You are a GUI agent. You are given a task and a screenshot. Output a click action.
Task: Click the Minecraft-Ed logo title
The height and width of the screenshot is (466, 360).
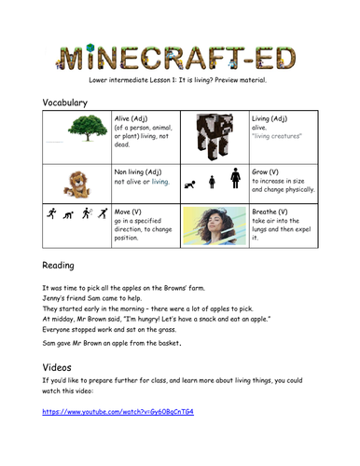click(x=179, y=55)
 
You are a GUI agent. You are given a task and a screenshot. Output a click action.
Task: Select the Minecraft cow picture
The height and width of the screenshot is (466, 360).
click(x=218, y=135)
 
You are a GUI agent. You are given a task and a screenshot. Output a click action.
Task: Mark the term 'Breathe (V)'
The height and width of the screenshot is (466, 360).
click(x=278, y=211)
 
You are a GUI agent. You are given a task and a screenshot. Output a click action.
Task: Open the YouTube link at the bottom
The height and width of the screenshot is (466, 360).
click(x=116, y=411)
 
